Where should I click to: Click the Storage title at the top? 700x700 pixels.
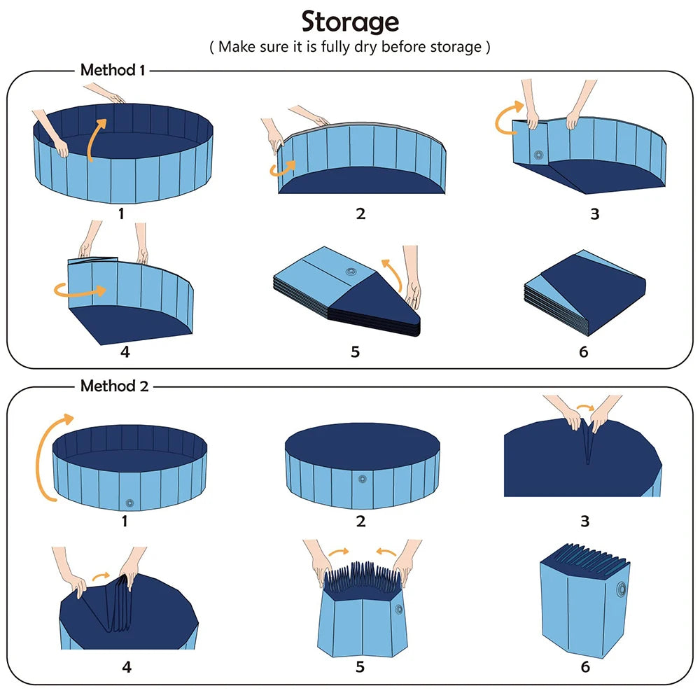[350, 22]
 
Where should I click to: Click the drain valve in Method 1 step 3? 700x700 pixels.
[538, 155]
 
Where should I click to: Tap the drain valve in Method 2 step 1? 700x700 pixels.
[129, 503]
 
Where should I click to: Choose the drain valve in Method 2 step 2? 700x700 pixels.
[362, 479]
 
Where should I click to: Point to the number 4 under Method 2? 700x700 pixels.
[126, 666]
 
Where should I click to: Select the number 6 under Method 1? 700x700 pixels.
[584, 351]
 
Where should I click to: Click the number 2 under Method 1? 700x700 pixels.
[360, 213]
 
